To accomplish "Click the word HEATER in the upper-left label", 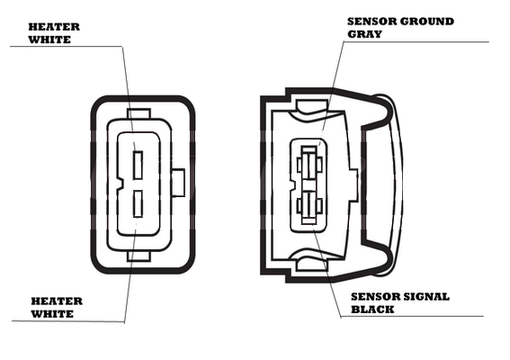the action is tap(54, 27).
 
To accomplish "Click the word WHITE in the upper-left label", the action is tap(49, 40).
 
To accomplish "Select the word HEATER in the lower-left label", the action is tap(57, 301).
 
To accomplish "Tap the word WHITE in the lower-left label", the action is tap(52, 314).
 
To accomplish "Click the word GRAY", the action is tap(364, 34).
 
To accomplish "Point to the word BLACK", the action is tap(372, 310).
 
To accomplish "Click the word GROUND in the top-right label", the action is tap(426, 22).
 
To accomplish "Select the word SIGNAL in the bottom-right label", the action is tap(426, 297).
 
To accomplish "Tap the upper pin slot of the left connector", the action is tap(139, 165).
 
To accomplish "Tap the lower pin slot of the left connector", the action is tap(139, 204).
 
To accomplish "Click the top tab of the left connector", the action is tap(139, 113).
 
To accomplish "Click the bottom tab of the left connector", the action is tap(139, 256).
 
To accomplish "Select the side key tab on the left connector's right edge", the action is tap(178, 183).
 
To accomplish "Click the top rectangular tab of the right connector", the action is tap(311, 106).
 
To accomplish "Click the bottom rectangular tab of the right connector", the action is tap(311, 265).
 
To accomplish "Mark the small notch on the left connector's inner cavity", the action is tap(120, 184).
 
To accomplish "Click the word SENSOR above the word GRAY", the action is tap(371, 22).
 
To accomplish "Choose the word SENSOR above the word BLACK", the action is tap(376, 297).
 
